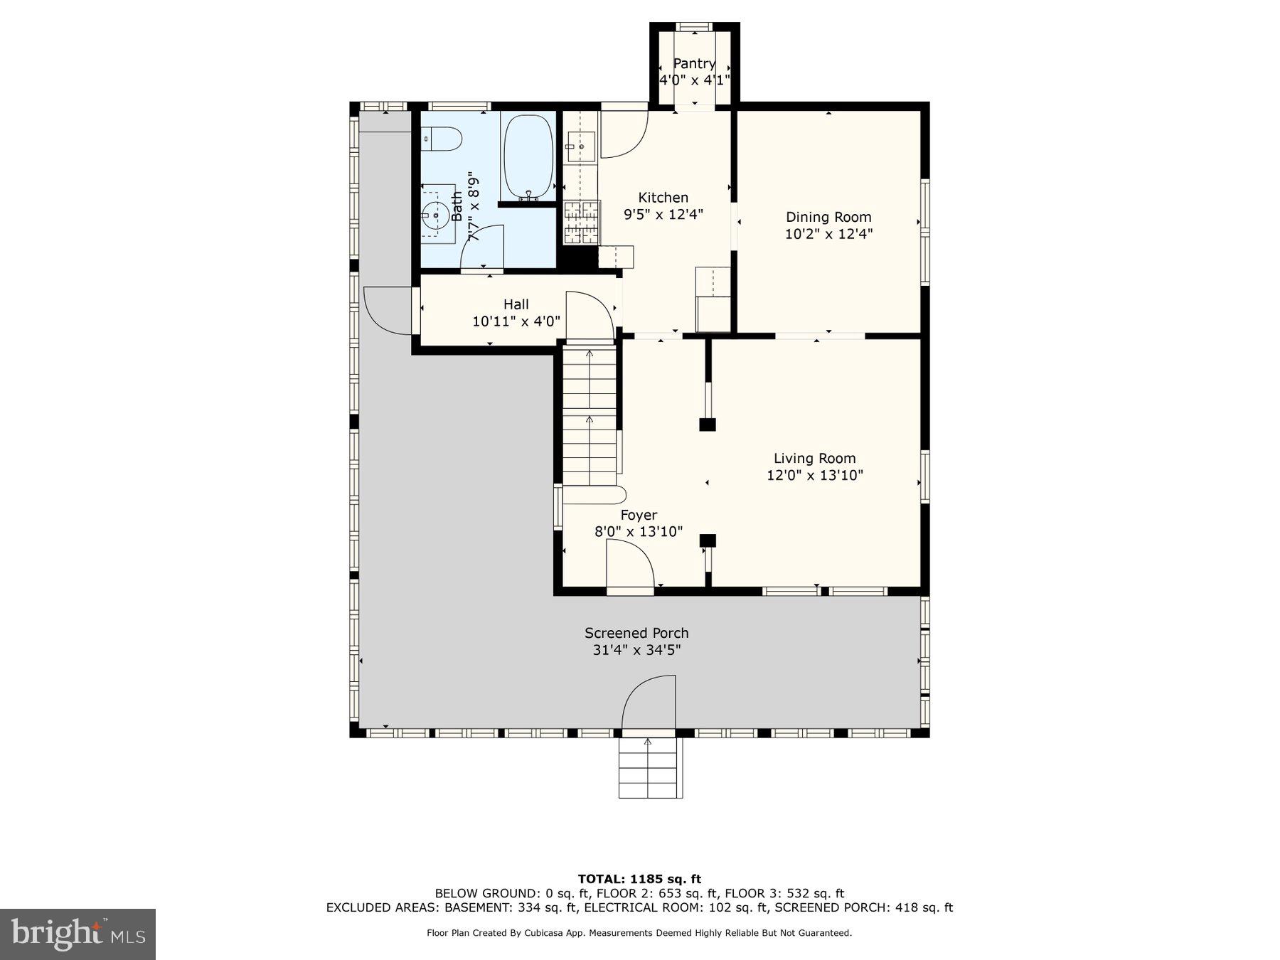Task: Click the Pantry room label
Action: pos(694,63)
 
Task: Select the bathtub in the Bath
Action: pos(528,157)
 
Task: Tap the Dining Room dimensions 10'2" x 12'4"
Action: pos(828,234)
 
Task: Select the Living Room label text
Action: pos(814,459)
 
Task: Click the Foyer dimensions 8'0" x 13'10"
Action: pos(639,531)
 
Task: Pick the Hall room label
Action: pos(516,304)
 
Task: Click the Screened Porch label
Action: pos(636,633)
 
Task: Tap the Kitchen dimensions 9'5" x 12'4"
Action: pos(663,214)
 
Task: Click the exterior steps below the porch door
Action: pos(650,768)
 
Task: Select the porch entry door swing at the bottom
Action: pos(649,701)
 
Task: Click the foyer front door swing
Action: pos(630,563)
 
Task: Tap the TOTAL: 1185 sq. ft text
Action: pos(639,879)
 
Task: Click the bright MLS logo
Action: pos(78,934)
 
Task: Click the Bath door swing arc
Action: pos(483,247)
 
